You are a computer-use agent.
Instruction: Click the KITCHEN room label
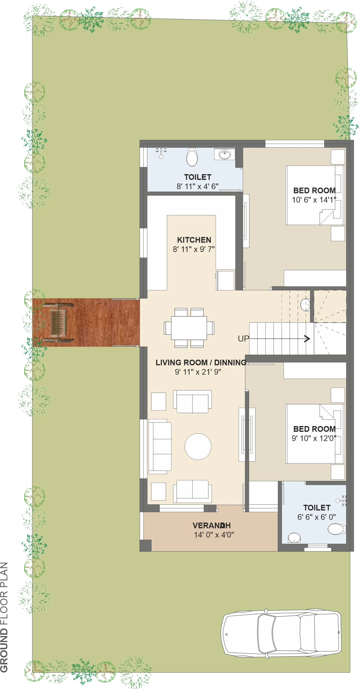[194, 240]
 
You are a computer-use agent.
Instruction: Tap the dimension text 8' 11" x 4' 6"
[198, 186]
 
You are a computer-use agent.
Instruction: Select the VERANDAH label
[211, 525]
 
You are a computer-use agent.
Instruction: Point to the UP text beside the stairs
[243, 339]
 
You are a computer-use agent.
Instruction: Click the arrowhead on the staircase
[307, 339]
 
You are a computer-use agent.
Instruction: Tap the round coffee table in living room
[198, 447]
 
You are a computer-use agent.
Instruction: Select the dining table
[189, 328]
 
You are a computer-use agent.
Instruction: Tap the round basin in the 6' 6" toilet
[294, 538]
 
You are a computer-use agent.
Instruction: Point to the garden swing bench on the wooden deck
[57, 322]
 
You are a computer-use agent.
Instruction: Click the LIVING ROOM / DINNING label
[201, 362]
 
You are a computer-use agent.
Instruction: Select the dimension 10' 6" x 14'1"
[314, 200]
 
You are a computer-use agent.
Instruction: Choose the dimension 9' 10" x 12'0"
[314, 438]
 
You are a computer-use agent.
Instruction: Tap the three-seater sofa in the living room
[160, 447]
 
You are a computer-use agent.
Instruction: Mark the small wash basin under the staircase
[305, 305]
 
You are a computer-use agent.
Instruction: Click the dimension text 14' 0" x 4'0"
[214, 535]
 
